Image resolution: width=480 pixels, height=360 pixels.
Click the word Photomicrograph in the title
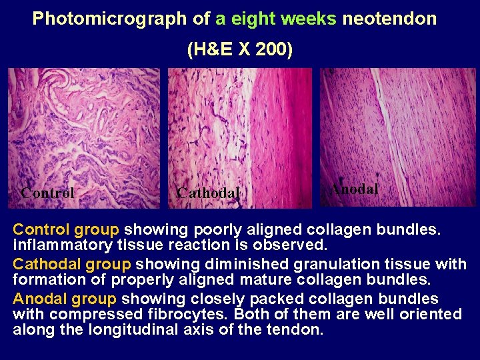point(110,19)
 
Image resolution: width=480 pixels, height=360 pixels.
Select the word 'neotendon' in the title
point(389,19)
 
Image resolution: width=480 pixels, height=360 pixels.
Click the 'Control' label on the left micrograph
point(47,193)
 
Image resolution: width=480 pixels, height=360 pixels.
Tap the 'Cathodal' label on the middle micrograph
point(207,193)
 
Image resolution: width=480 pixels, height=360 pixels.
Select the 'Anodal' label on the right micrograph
point(354,189)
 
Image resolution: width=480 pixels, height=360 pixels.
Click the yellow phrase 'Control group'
point(66,230)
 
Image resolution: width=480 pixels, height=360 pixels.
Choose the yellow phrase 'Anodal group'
point(65,298)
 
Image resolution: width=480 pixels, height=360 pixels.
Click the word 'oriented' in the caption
point(431,313)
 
